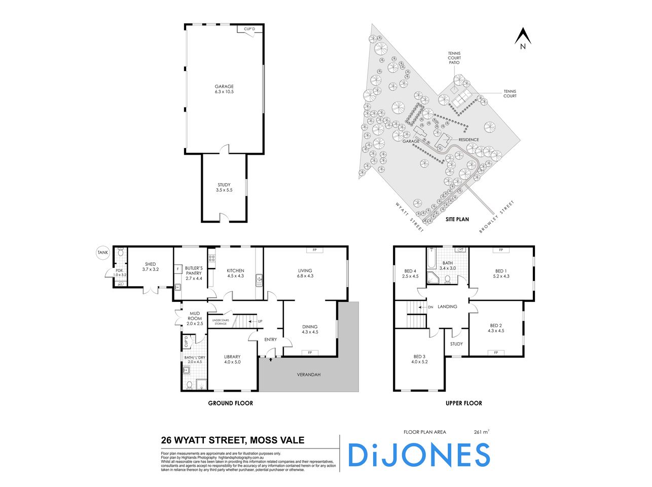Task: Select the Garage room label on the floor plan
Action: [x=224, y=89]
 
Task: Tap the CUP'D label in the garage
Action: [x=249, y=29]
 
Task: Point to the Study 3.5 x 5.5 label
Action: [x=224, y=187]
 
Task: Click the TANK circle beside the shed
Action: [x=103, y=252]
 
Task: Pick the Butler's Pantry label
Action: [x=193, y=273]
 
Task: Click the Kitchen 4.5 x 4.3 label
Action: [x=235, y=273]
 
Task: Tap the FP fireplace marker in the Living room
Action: [x=314, y=250]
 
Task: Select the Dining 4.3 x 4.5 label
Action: [x=310, y=329]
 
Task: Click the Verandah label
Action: [x=309, y=375]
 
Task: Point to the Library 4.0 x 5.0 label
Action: [x=232, y=359]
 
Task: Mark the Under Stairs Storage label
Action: [x=220, y=322]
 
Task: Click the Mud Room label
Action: [x=194, y=318]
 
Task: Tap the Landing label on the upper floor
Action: [x=447, y=306]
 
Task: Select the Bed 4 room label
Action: [x=411, y=273]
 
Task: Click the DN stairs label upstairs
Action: [x=430, y=307]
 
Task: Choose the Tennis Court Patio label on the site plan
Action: [x=454, y=58]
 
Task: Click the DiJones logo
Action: [x=419, y=455]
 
